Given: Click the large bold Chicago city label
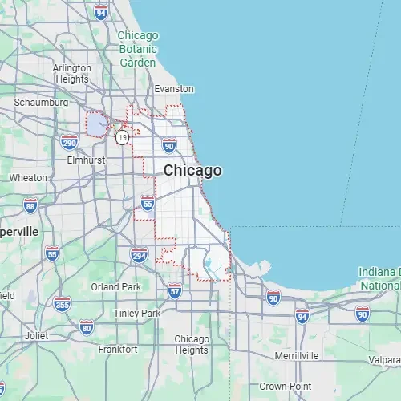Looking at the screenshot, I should point(192,170).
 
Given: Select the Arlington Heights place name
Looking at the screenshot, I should point(71,74).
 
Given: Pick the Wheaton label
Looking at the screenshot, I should point(28,177).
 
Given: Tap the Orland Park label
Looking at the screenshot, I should point(115,286).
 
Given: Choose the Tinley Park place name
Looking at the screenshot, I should point(137,313).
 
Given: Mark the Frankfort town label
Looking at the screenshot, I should point(117,350).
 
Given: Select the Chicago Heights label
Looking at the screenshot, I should point(192,344).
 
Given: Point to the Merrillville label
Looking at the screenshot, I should point(296,354).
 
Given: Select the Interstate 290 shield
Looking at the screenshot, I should point(69,143).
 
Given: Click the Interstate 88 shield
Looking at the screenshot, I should point(30,206).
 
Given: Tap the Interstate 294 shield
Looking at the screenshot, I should point(139,255).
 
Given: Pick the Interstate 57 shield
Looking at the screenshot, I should point(175,290).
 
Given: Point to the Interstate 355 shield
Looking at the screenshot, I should point(62,304).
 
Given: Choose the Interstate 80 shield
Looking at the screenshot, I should point(86,326).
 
